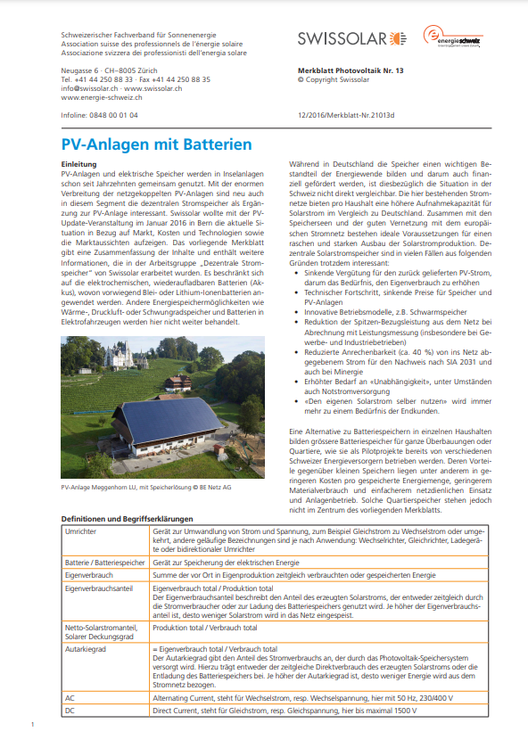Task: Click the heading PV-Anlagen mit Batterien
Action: tap(156, 144)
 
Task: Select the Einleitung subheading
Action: tap(78, 165)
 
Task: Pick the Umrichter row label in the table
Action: tap(82, 530)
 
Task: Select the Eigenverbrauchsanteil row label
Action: tap(97, 589)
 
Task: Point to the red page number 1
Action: tap(31, 724)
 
